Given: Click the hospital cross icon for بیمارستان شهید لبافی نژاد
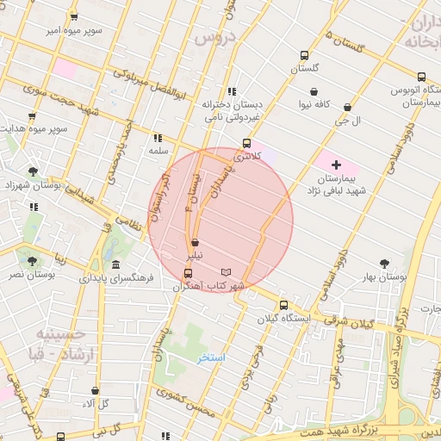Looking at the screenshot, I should [335, 164].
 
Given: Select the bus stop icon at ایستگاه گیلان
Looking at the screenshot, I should [283, 305].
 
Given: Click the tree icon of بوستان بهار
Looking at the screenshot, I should [384, 264].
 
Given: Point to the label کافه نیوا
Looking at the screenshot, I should [315, 104].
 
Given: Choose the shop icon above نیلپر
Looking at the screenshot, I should [196, 243].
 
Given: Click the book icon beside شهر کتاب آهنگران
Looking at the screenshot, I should [226, 272].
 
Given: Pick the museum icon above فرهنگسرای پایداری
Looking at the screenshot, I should [116, 264].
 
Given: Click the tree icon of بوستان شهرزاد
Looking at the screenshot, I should [33, 171].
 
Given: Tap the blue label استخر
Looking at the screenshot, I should [211, 357].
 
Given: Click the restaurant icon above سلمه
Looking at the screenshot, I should [157, 137].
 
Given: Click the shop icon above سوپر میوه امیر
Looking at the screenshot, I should [74, 17].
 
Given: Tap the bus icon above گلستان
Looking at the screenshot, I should [303, 53].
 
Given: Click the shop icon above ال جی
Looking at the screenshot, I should [347, 108].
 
